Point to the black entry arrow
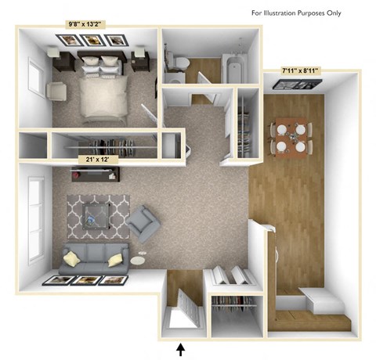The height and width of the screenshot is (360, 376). (x=182, y=347)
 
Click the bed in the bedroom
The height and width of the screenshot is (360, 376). (x=97, y=93)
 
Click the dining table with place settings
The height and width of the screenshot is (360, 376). (x=291, y=137)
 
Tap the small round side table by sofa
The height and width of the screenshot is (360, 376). (x=139, y=261)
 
